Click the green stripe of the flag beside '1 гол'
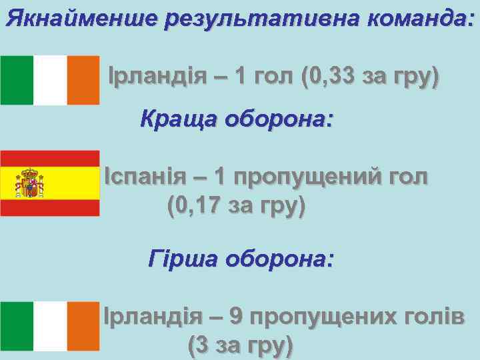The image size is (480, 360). [17, 80]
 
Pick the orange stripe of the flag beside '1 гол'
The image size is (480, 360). [83, 80]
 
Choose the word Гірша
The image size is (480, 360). [183, 257]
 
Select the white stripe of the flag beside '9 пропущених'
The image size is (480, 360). [50, 325]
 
